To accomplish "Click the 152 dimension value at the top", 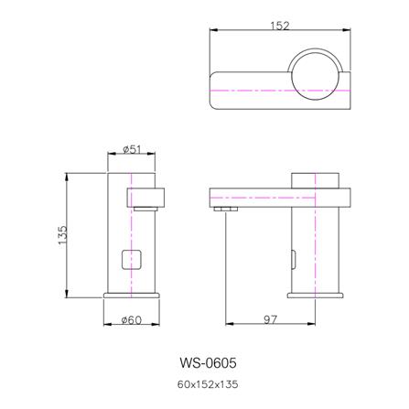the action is click(x=280, y=26).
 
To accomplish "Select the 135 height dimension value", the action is click(x=62, y=235).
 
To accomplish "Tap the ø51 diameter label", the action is click(x=132, y=149).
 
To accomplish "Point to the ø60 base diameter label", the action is click(x=132, y=320).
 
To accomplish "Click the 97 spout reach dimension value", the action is click(x=271, y=319).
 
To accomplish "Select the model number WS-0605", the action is click(x=208, y=363).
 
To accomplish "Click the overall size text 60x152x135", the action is click(x=208, y=384).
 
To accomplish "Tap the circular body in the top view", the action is click(x=316, y=76).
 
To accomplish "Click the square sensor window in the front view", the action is click(x=132, y=260).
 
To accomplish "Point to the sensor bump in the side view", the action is click(x=294, y=260).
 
